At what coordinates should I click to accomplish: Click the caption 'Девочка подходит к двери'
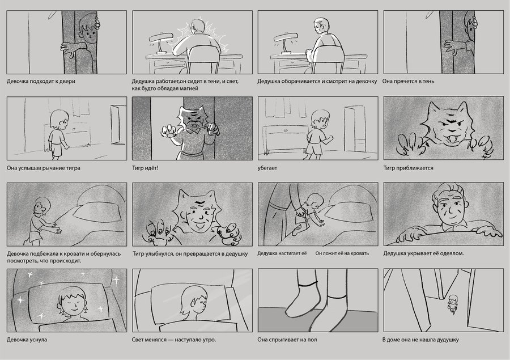(x=41, y=82)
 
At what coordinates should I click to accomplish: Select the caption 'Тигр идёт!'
(x=145, y=168)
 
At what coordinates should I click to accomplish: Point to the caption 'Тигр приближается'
(x=408, y=168)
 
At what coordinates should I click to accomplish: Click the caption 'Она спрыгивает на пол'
(x=287, y=340)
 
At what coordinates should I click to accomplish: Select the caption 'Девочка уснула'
(x=27, y=340)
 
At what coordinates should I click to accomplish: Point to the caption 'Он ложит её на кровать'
(x=342, y=253)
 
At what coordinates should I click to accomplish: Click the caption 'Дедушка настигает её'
(x=282, y=253)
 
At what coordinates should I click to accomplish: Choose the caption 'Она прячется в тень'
(x=408, y=82)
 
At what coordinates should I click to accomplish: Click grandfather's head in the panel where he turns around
(x=321, y=26)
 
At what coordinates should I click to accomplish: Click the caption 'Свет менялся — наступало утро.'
(x=174, y=340)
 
